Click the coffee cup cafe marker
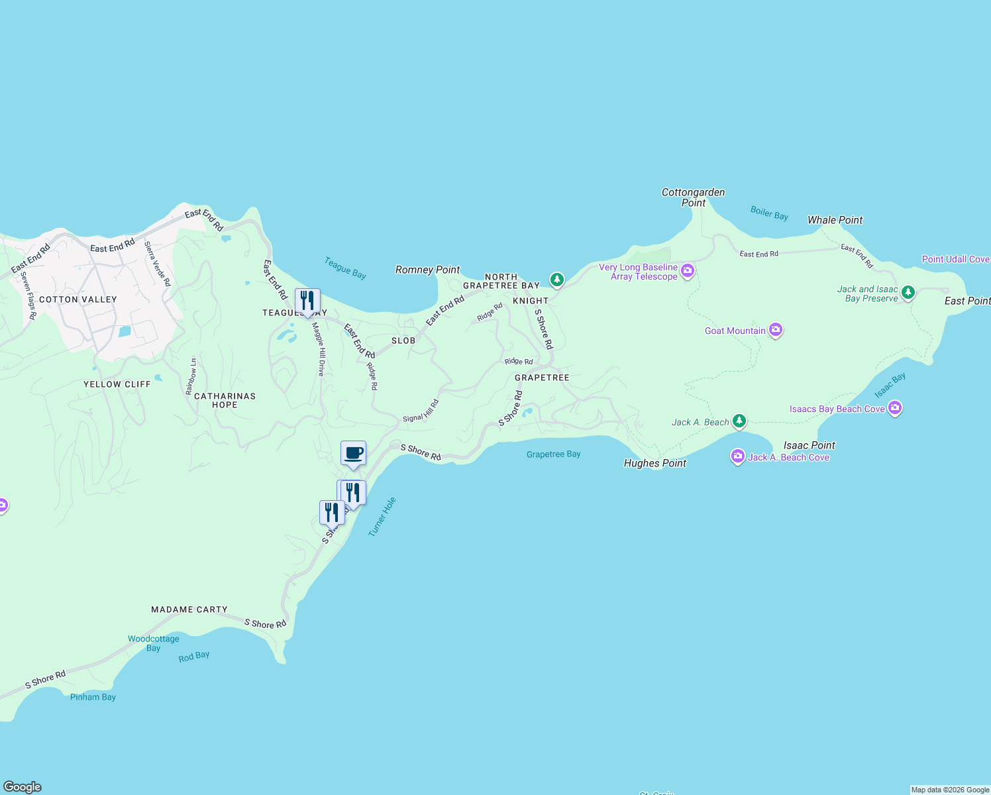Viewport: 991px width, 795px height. click(x=353, y=454)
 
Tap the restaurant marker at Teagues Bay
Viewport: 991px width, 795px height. click(x=307, y=301)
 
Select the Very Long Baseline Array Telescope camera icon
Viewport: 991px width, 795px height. click(x=688, y=270)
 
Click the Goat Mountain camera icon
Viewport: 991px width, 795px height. click(x=776, y=329)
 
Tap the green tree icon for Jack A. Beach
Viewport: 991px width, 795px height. click(x=739, y=421)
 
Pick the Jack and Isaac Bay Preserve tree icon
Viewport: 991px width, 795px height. click(x=908, y=291)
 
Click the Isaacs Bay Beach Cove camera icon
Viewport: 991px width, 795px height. click(x=895, y=407)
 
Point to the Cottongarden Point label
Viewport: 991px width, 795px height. click(x=693, y=197)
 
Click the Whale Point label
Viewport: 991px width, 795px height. click(x=835, y=220)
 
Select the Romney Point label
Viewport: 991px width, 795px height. click(x=427, y=270)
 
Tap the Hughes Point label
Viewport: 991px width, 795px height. click(x=654, y=463)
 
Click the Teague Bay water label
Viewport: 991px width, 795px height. click(x=345, y=268)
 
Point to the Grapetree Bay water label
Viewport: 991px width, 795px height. click(x=553, y=454)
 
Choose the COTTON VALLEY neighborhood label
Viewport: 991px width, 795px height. click(x=78, y=299)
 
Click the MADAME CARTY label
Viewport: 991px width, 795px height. click(x=189, y=609)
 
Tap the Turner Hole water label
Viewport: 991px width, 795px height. click(x=382, y=517)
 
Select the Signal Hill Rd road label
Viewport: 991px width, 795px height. click(x=421, y=411)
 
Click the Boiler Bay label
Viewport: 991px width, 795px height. click(x=769, y=213)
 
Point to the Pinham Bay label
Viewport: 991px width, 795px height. click(x=93, y=697)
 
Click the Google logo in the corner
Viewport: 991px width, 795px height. click(x=23, y=786)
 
